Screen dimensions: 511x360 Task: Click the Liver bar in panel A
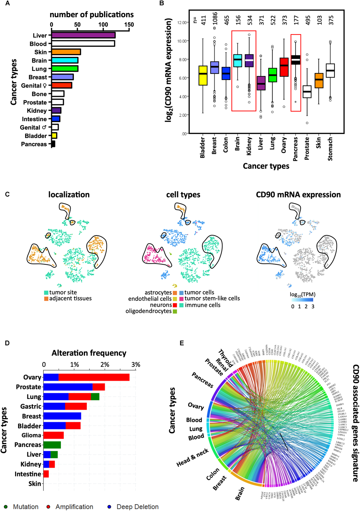83,35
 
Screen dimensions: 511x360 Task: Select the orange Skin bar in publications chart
66,52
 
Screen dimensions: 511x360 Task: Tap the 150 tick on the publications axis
129,25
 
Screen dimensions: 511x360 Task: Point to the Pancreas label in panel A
34,144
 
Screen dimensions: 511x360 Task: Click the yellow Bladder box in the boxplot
203,75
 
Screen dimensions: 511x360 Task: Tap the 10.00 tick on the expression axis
183,41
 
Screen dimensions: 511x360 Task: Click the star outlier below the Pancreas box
296,102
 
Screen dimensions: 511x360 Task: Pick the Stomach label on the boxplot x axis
330,149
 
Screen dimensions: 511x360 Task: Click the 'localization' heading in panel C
69,195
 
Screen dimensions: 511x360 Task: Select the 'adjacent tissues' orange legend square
46,299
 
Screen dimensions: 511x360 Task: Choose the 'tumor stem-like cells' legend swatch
181,299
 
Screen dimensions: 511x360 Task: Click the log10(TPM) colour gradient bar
303,300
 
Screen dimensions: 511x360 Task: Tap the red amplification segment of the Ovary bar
94,377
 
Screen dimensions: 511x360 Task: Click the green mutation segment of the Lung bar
95,396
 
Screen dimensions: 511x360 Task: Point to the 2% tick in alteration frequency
105,365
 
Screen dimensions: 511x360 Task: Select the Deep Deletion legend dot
109,507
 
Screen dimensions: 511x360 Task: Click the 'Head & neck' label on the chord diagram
193,458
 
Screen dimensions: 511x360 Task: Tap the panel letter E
182,343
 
